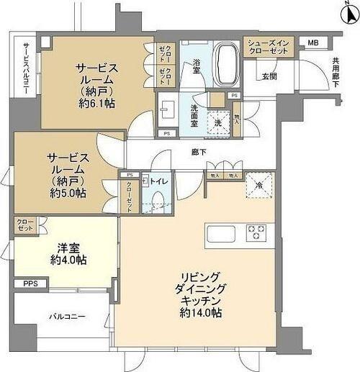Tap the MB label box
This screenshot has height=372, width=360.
[312, 43]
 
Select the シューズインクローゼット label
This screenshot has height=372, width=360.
[269, 47]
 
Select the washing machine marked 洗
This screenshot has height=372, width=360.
[217, 122]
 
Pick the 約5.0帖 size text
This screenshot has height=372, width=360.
[68, 193]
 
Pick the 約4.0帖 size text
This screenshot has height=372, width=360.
[68, 260]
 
